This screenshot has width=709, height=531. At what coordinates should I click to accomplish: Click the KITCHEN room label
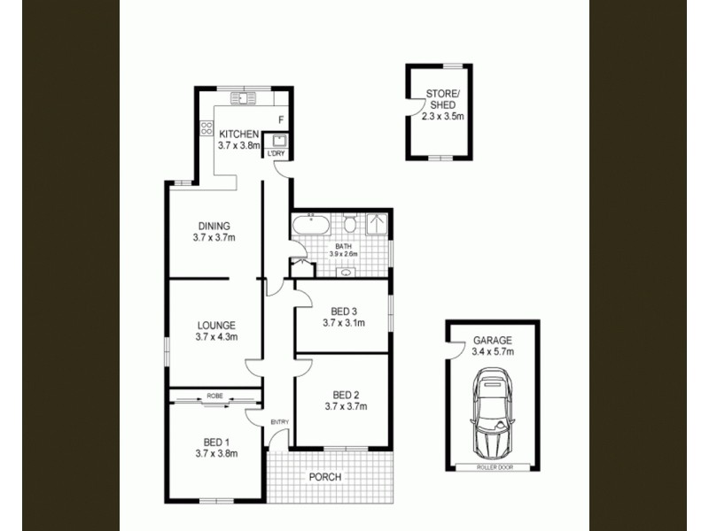click(x=239, y=135)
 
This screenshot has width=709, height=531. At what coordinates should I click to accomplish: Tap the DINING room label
click(x=214, y=226)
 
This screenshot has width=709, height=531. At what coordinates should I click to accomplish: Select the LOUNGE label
click(x=216, y=325)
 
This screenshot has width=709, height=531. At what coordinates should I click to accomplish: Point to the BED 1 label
click(x=216, y=442)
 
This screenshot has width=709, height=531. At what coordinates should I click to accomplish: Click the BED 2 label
click(x=346, y=395)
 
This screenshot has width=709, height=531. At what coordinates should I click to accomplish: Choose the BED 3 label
click(x=345, y=311)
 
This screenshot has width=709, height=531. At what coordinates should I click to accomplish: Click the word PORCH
click(x=325, y=477)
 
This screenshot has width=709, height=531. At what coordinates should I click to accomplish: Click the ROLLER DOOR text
click(x=494, y=466)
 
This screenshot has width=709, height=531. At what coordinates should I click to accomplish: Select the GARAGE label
click(x=494, y=341)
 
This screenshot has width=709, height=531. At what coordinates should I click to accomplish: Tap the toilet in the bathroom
click(x=350, y=222)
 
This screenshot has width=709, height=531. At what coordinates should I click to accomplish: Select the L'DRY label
click(x=277, y=154)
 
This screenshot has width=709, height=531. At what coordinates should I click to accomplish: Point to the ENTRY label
click(x=280, y=421)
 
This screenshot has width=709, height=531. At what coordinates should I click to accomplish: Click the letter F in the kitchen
click(x=280, y=119)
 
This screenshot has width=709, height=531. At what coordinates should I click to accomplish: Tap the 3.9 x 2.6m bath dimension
click(x=343, y=254)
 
